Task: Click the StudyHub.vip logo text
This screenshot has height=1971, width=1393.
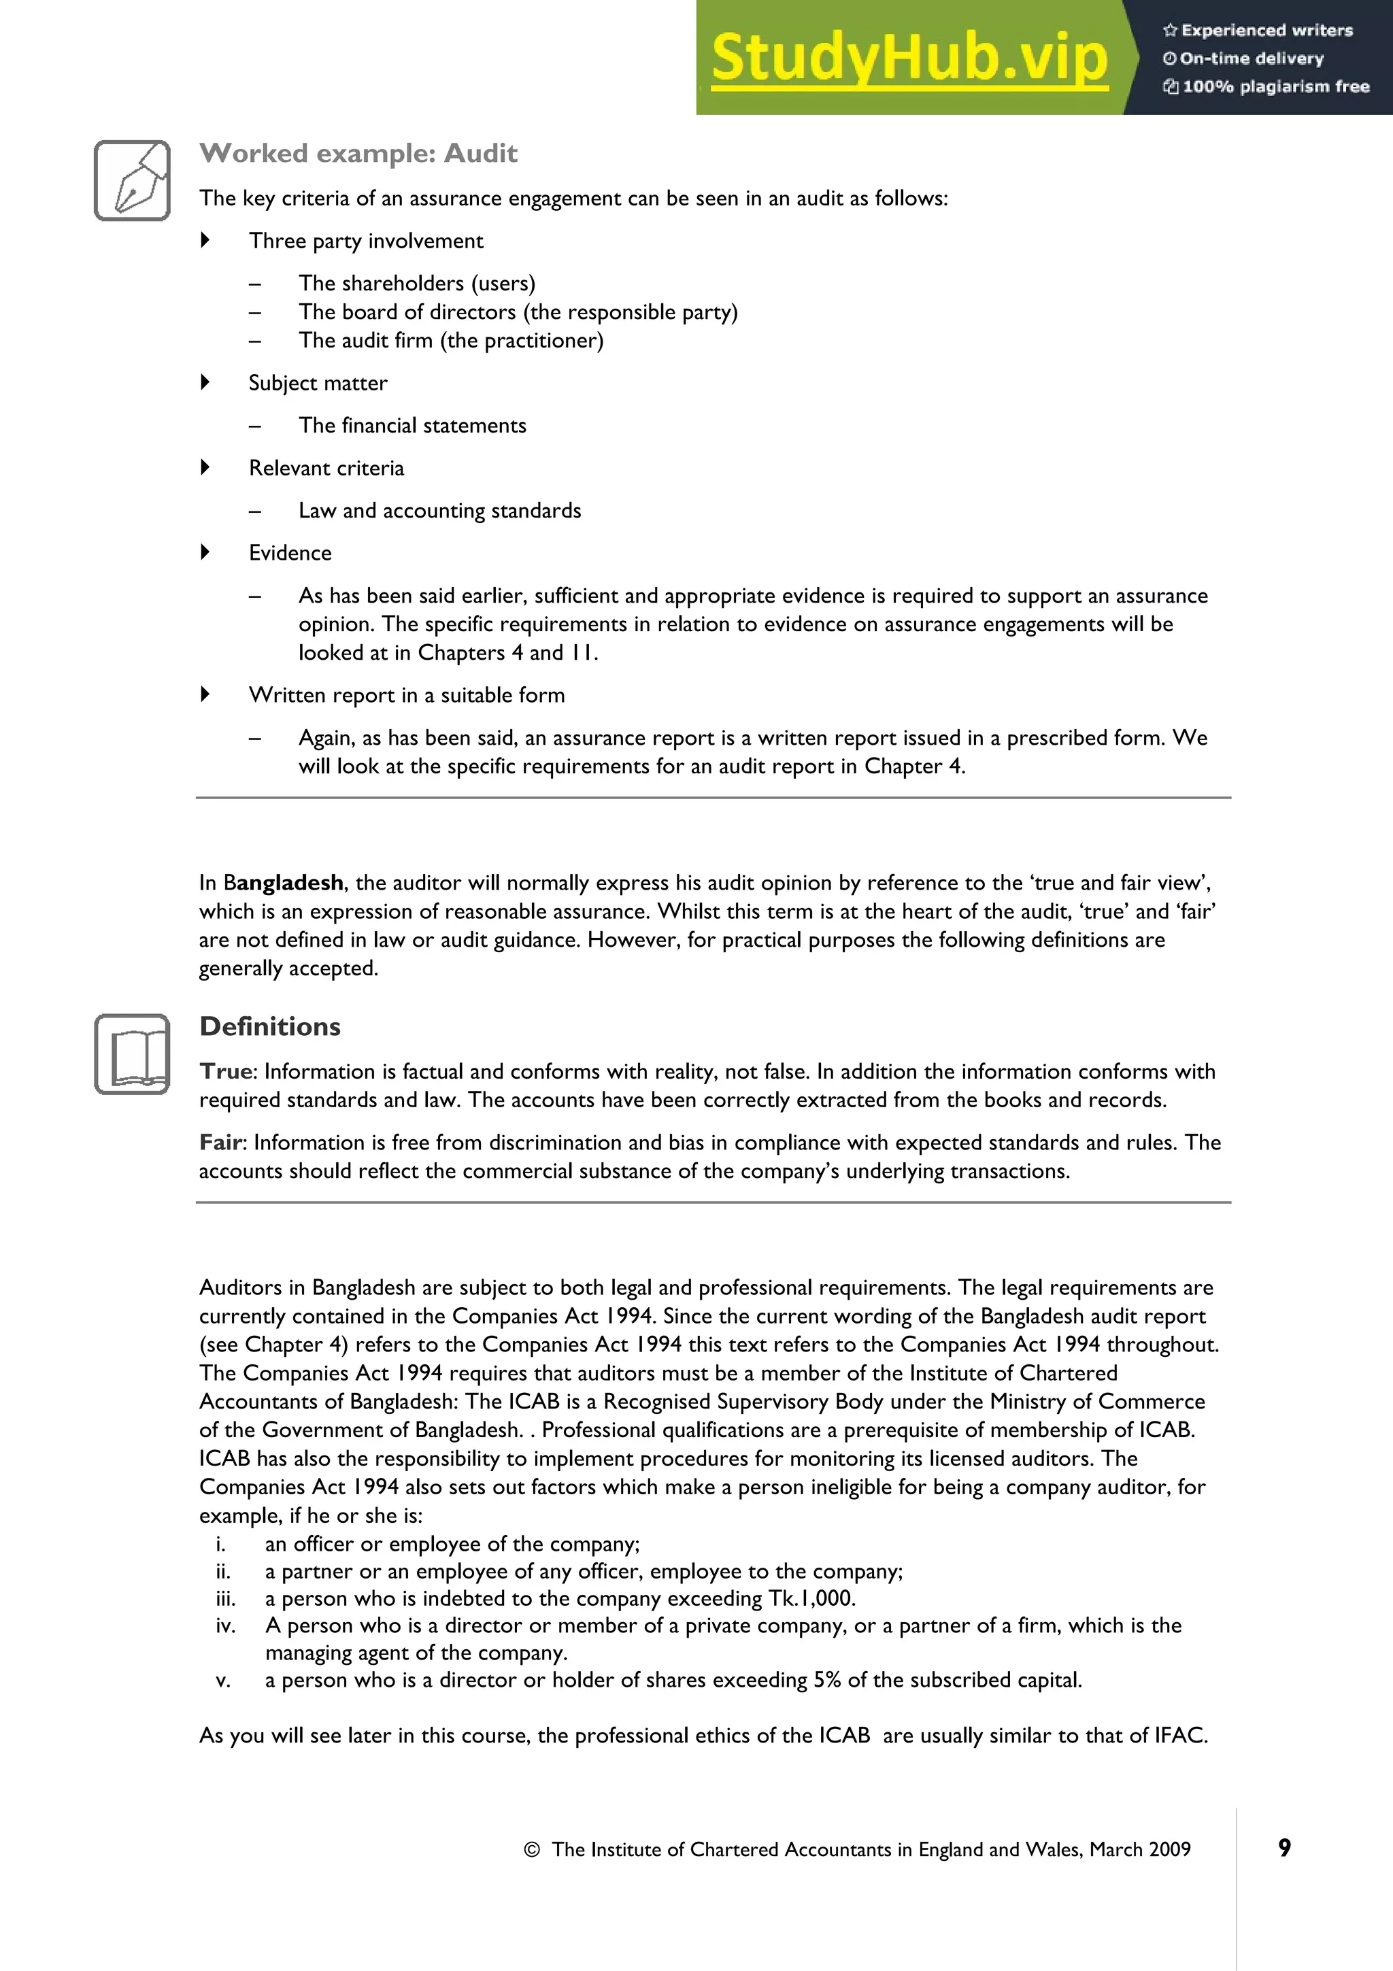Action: (x=909, y=58)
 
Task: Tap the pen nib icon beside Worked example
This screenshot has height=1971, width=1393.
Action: (x=132, y=180)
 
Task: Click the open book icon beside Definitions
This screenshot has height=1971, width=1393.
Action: (x=132, y=1054)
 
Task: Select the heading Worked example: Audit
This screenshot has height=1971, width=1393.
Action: (x=358, y=154)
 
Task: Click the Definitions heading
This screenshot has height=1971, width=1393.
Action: (x=269, y=1027)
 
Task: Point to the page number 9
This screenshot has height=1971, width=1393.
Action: (x=1284, y=1849)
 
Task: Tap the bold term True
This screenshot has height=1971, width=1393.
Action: (x=226, y=1071)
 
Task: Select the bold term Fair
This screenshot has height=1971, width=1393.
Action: (x=222, y=1143)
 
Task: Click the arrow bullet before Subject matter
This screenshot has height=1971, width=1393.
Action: (x=205, y=382)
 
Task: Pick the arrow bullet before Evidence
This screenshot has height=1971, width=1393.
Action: (x=205, y=552)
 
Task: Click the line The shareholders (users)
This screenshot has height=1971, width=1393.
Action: (x=416, y=284)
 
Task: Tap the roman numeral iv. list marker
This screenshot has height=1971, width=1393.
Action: (x=225, y=1626)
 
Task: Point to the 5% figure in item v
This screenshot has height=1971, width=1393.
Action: (x=826, y=1680)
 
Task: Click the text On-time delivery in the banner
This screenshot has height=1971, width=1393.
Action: (x=1252, y=58)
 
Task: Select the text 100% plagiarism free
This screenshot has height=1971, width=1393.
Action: (x=1275, y=86)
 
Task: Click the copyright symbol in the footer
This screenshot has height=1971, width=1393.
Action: (x=531, y=1850)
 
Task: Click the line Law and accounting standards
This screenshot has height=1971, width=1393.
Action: (x=439, y=511)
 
